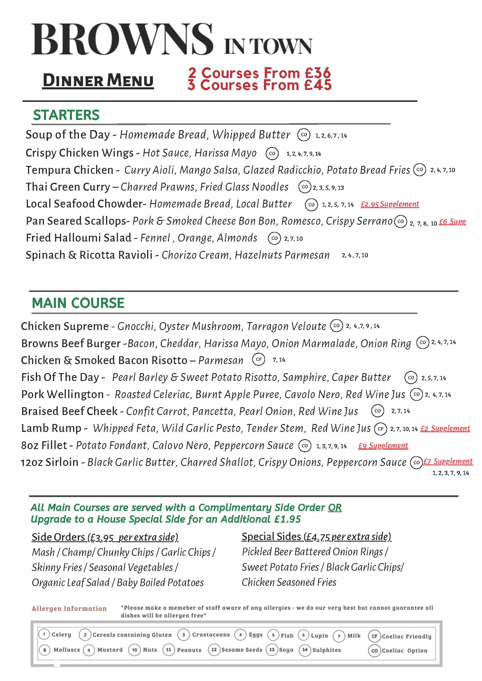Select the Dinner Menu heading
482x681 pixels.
point(98,81)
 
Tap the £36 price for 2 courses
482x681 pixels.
point(317,73)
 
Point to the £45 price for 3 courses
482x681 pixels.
point(317,85)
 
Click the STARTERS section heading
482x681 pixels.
point(66,115)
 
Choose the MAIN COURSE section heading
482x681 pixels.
point(78,303)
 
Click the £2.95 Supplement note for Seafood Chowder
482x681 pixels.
point(390,204)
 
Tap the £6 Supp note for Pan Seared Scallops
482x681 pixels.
point(452,221)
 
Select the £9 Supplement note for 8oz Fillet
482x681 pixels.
point(383,446)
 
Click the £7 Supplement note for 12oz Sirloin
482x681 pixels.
point(448,461)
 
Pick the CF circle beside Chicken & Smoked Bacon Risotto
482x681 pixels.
point(259,359)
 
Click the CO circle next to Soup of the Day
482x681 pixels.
point(304,135)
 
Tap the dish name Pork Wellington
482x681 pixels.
point(62,394)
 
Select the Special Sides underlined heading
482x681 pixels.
point(316,537)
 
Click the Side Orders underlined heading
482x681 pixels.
point(105,537)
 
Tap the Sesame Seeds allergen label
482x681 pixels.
point(242,650)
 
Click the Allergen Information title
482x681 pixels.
point(69,609)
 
